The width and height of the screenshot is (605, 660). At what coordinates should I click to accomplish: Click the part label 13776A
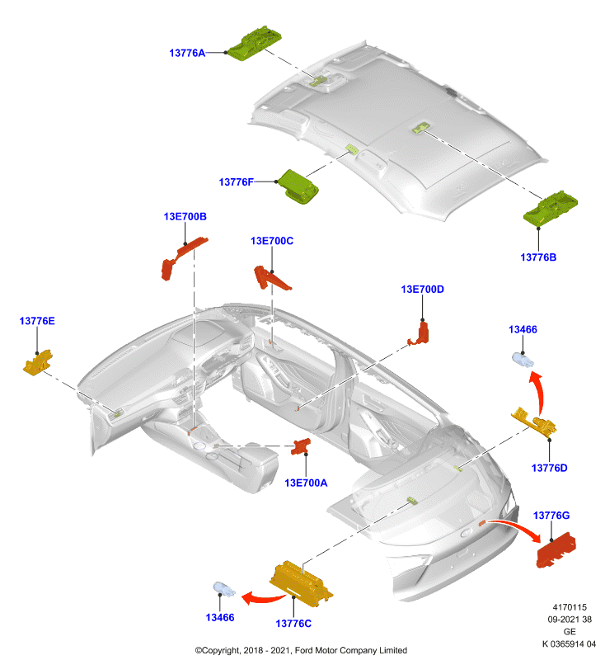coord(187,53)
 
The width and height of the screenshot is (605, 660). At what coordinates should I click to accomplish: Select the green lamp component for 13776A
coord(255,43)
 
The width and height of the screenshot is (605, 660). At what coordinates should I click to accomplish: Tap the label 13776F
coord(237,181)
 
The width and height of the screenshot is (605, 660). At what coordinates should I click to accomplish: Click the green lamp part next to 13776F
coord(299,186)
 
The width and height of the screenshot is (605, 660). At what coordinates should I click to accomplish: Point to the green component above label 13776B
coord(550,208)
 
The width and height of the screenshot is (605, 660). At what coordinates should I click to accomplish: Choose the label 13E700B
coord(185,216)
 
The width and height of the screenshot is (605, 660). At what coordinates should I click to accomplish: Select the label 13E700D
coord(422,290)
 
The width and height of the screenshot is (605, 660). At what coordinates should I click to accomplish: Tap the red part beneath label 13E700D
coord(420,333)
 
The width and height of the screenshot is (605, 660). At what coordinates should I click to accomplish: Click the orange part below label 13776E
coord(38,362)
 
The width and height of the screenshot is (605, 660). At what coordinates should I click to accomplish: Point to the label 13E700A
coord(306,483)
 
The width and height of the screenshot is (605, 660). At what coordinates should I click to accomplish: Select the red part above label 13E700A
coord(301,446)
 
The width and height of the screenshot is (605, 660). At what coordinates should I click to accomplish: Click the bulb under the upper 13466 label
coord(523,361)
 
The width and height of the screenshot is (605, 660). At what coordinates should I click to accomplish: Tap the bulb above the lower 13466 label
coord(224,588)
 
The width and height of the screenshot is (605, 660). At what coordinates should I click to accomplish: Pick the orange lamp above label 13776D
coord(535,421)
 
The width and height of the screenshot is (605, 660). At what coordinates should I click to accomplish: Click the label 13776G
coord(551,515)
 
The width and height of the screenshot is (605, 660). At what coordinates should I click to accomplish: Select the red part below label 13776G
coord(556,550)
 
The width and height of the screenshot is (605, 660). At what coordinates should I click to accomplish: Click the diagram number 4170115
coord(570,607)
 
